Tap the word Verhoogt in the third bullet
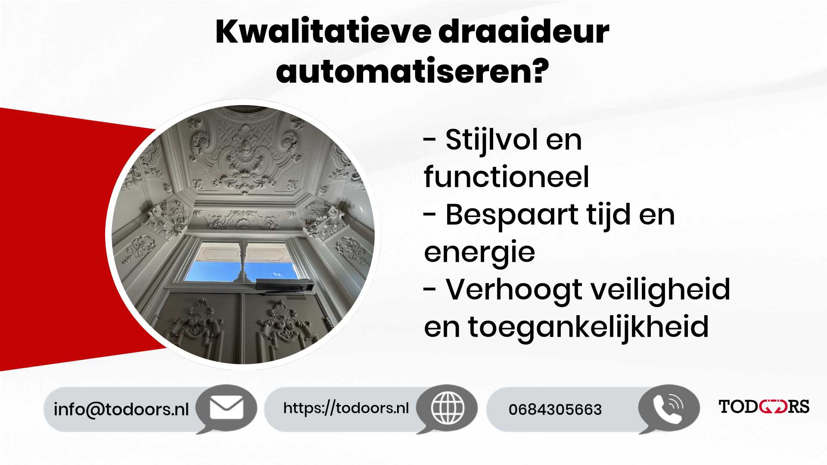pos(514,290)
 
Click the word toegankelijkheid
pos(588,327)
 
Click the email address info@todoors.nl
pos(121,409)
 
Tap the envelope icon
pos(226,408)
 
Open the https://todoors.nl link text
pos(346,408)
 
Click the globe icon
pos(448,407)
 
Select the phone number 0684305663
pos(555,409)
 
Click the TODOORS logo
pos(764,406)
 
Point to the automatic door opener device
pos(284,285)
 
